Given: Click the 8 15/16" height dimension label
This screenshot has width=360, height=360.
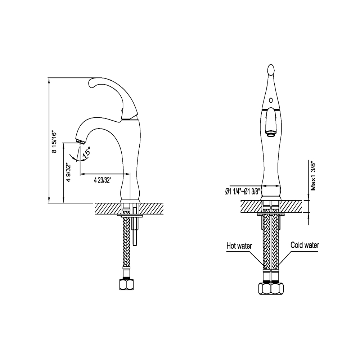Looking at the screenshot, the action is [x=54, y=142].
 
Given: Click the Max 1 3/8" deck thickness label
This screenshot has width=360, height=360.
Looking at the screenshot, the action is [x=313, y=176].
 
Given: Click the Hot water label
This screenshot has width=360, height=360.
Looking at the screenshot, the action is [x=239, y=246].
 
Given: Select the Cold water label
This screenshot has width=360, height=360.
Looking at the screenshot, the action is [x=305, y=245].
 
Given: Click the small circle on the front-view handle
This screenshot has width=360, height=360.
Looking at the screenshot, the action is [x=271, y=100].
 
